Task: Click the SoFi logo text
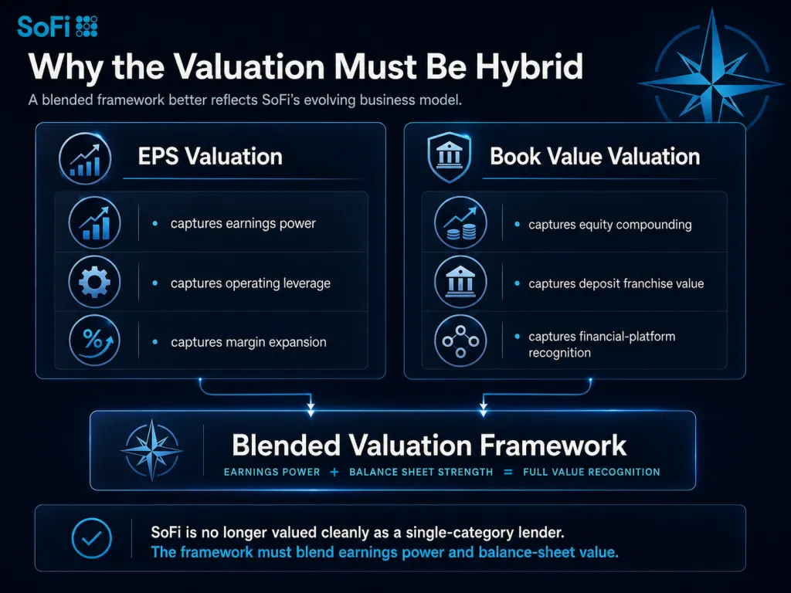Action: point(43,27)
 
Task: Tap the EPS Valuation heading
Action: point(210,156)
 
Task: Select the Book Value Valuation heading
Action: point(595,156)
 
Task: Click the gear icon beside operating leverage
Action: point(94,281)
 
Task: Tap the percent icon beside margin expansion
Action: point(94,341)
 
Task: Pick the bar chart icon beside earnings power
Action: point(94,222)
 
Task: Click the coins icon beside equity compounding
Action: point(460,222)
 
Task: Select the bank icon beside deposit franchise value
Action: point(460,281)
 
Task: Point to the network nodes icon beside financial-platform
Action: point(460,341)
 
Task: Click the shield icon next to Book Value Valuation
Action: point(449,157)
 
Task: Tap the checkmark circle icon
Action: point(91,538)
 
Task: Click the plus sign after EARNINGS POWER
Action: point(334,472)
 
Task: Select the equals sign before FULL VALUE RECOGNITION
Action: point(508,472)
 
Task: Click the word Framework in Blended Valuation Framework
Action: point(553,446)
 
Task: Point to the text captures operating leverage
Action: point(250,283)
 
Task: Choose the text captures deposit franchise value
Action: point(616,283)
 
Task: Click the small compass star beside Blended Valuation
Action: point(152,449)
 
